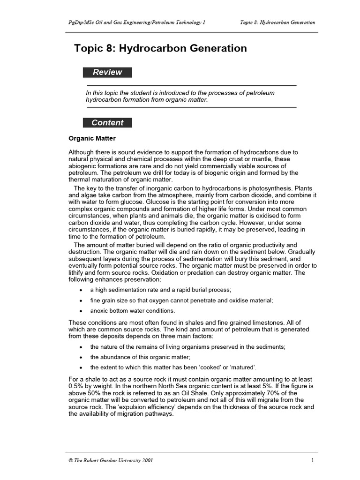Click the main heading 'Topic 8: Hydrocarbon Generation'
pyautogui.click(x=160, y=48)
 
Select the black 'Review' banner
pyautogui.click(x=107, y=72)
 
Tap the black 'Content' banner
pyautogui.click(x=107, y=123)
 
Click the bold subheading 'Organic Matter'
pyautogui.click(x=92, y=139)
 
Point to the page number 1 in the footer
pyautogui.click(x=312, y=460)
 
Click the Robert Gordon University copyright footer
pyautogui.click(x=111, y=460)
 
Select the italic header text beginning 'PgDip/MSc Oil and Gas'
pyautogui.click(x=136, y=22)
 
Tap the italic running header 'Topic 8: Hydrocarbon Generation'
pyautogui.click(x=277, y=22)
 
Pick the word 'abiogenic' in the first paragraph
pyautogui.click(x=85, y=166)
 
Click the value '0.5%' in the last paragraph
pyautogui.click(x=76, y=386)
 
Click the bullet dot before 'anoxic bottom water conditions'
pyautogui.click(x=82, y=311)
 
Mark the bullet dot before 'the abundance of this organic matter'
pyautogui.click(x=82, y=357)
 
